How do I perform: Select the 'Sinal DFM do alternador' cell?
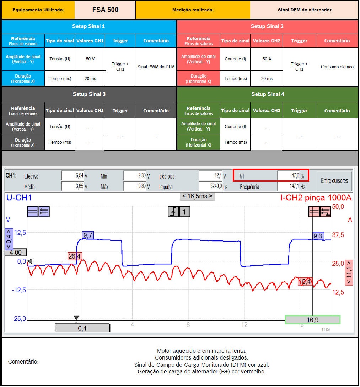tap(304, 10)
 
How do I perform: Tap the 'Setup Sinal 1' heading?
tap(88, 26)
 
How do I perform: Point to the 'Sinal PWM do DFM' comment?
tap(156, 67)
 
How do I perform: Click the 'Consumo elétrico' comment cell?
tap(337, 67)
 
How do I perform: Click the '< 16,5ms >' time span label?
tap(197, 196)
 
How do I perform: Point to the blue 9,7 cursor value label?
tap(88, 235)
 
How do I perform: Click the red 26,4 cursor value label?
tap(74, 256)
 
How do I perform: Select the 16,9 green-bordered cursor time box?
tap(312, 320)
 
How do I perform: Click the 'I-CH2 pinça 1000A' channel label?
tap(316, 198)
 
